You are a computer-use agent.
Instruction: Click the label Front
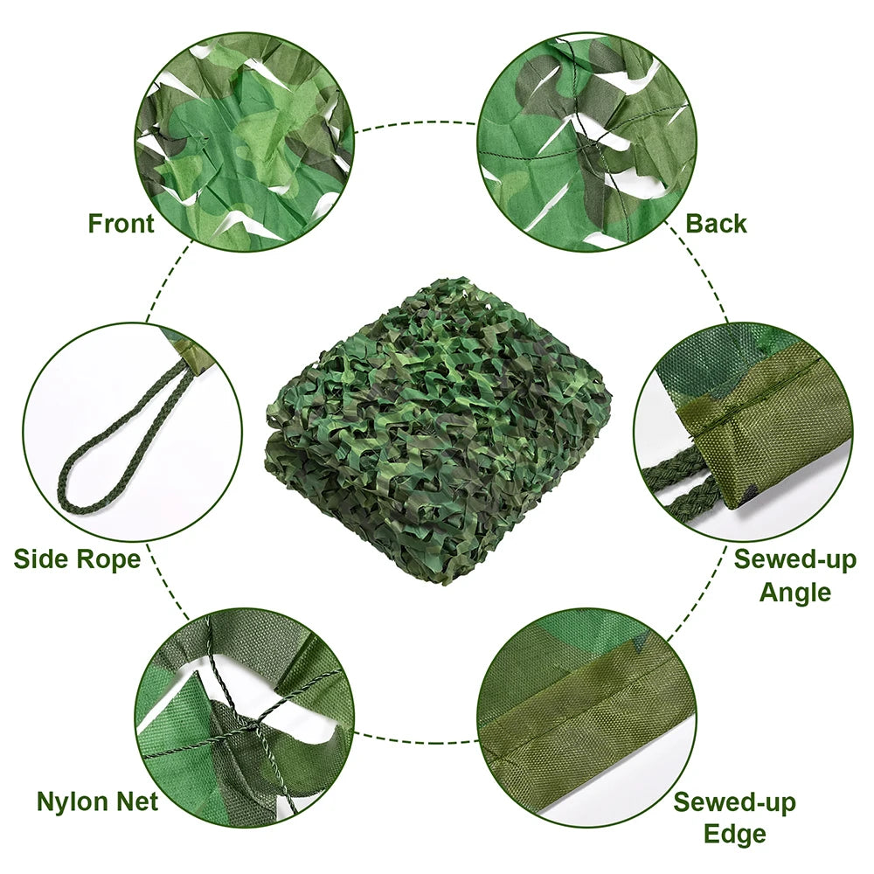pyautogui.click(x=121, y=224)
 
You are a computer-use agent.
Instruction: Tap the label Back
pyautogui.click(x=716, y=224)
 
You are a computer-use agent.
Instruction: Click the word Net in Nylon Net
pyautogui.click(x=137, y=801)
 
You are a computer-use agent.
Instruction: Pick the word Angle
pyautogui.click(x=794, y=593)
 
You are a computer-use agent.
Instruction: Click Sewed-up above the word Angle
pyautogui.click(x=794, y=559)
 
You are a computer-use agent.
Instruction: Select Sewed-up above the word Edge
pyautogui.click(x=734, y=801)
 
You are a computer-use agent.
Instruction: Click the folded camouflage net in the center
pyautogui.click(x=437, y=428)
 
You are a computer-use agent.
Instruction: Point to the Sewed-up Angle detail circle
pyautogui.click(x=743, y=433)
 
